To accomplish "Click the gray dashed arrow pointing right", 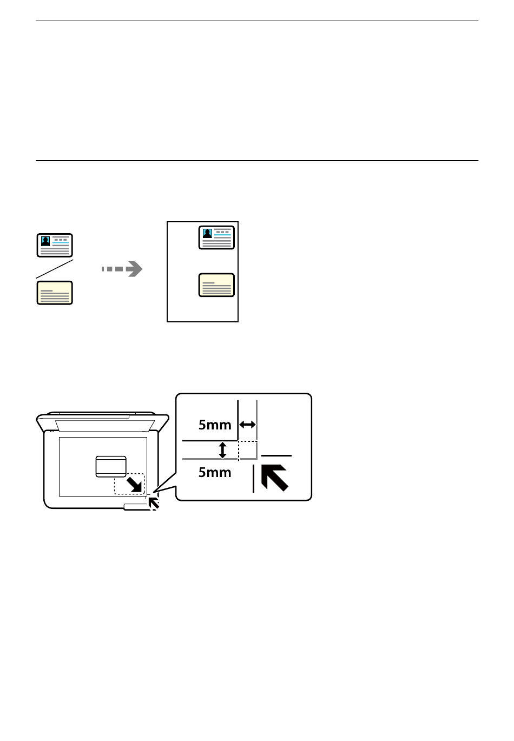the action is point(122,269).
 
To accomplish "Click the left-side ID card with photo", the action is point(55,245).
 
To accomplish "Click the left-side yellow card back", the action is point(55,293).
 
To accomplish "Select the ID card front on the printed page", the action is point(216,237).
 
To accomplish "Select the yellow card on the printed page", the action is point(216,285).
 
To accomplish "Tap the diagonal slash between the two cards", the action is point(55,269).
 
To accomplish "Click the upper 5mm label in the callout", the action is point(215,425).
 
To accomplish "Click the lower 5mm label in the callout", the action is point(215,473).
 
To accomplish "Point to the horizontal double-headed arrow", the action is point(247,425).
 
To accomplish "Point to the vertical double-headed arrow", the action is point(222,450).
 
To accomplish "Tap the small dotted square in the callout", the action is point(248,450).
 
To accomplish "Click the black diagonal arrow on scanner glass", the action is point(134,485).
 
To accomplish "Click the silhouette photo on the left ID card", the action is point(45,241).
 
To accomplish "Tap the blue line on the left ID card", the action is point(61,243).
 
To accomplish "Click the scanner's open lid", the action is point(102,422).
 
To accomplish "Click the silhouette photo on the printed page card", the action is point(207,234).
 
